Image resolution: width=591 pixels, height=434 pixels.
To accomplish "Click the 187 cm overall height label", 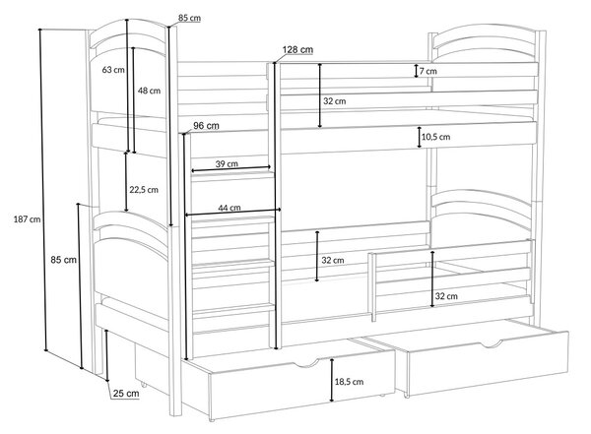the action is pyautogui.click(x=28, y=218).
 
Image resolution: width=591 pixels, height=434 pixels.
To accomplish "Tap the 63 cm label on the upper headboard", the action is pyautogui.click(x=113, y=70).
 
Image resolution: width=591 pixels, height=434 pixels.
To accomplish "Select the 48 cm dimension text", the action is pyautogui.click(x=149, y=91).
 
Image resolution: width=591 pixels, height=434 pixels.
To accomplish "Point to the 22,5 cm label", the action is pyautogui.click(x=144, y=190).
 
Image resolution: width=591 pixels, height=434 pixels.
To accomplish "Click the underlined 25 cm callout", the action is pyautogui.click(x=126, y=394).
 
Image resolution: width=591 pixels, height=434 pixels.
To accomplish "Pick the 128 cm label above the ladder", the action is pyautogui.click(x=297, y=50).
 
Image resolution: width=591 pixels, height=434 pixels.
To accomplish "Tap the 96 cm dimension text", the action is pyautogui.click(x=206, y=125).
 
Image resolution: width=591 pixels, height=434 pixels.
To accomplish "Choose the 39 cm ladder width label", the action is pyautogui.click(x=227, y=164).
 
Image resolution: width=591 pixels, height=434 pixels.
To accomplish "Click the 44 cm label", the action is pyautogui.click(x=230, y=208).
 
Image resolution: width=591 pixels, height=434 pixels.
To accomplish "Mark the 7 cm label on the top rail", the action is pyautogui.click(x=428, y=71).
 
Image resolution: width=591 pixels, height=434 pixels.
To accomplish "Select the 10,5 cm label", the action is pyautogui.click(x=435, y=137).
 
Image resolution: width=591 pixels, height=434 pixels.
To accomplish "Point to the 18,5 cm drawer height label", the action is pyautogui.click(x=349, y=382).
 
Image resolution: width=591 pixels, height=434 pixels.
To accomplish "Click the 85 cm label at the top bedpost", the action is pyautogui.click(x=189, y=18).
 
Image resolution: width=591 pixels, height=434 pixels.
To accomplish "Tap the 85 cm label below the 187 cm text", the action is pyautogui.click(x=63, y=260).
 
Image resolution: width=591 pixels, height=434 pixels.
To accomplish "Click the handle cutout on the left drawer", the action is pyautogui.click(x=306, y=364).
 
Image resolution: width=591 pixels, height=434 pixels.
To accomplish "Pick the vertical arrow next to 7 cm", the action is pyautogui.click(x=416, y=71).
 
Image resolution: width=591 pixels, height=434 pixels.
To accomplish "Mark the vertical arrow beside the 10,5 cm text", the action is pyautogui.click(x=420, y=137).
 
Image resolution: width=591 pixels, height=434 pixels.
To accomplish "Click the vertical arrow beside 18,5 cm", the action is pyautogui.click(x=332, y=380).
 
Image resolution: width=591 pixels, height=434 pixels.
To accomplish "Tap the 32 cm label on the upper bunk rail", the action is pyautogui.click(x=334, y=101).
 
